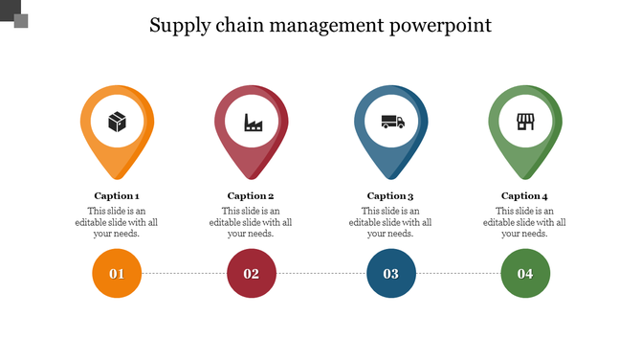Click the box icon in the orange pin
click(117, 122)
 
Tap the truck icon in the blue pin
click(392, 122)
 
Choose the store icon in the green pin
click(524, 122)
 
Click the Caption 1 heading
click(117, 195)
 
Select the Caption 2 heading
click(251, 195)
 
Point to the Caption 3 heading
click(390, 195)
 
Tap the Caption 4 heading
click(524, 195)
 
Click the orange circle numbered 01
click(117, 274)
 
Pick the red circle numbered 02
click(251, 274)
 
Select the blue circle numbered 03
click(390, 274)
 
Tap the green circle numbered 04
click(525, 274)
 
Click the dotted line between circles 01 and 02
click(184, 274)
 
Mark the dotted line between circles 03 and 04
click(457, 274)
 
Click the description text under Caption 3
click(390, 222)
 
